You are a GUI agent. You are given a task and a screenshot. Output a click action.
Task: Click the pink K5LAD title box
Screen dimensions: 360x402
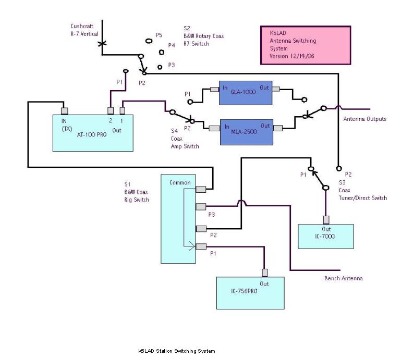pyautogui.click(x=304, y=45)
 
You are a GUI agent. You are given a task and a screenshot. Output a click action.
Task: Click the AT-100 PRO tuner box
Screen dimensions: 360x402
pyautogui.click(x=93, y=133)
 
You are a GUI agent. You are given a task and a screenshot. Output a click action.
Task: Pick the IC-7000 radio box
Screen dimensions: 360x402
pyautogui.click(x=325, y=236)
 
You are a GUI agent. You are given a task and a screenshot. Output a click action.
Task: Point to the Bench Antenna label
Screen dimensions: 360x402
pyautogui.click(x=344, y=279)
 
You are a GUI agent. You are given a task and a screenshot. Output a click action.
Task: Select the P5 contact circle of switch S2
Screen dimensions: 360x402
pyautogui.click(x=149, y=40)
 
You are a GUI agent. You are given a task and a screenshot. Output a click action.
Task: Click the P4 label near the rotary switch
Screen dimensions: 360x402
pyautogui.click(x=171, y=45)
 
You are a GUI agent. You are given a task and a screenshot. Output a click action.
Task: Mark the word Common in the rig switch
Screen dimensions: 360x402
pyautogui.click(x=179, y=183)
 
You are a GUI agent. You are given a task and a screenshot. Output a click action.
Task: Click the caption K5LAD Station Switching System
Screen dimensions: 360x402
pyautogui.click(x=176, y=351)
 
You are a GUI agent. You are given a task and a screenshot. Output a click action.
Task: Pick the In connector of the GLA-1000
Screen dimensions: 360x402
pyautogui.click(x=214, y=90)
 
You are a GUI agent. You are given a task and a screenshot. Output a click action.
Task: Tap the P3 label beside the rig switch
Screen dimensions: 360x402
pyautogui.click(x=212, y=214)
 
